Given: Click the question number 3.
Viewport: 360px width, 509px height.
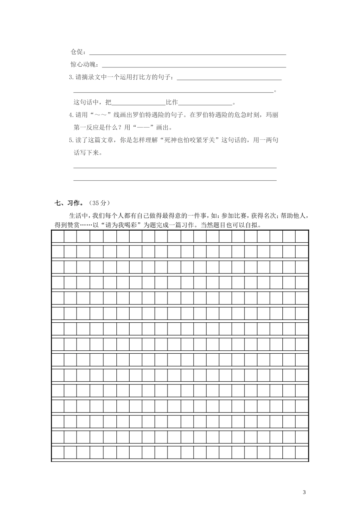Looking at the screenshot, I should tap(70, 77).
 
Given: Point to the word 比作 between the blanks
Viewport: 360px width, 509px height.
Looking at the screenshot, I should tap(172, 102).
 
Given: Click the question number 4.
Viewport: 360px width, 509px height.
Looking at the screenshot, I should tap(70, 115).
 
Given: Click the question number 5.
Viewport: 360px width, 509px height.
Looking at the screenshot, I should tap(70, 140).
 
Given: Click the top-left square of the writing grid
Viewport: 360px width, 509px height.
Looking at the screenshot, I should tap(58, 237).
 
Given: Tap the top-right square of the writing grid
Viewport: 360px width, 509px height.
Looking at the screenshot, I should tap(302, 237).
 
